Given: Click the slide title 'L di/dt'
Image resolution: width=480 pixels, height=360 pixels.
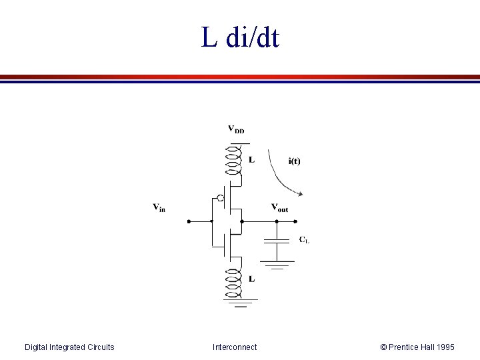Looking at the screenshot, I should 240,38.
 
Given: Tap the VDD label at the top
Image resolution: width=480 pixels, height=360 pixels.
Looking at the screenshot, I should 236,129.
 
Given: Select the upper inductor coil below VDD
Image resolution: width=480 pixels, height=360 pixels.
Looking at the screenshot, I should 234,161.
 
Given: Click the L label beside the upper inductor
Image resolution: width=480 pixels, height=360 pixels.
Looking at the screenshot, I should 251,160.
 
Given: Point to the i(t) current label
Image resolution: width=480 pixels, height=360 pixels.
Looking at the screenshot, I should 294,161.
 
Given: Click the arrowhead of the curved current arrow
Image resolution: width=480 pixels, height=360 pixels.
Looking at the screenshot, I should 301,194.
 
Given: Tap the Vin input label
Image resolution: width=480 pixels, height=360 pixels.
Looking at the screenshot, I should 159,208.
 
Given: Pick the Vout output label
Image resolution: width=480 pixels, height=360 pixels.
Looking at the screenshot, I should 280,208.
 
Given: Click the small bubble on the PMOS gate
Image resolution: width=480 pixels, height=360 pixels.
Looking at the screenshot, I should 219,198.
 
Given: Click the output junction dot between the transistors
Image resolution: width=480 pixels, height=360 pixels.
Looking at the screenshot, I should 241,221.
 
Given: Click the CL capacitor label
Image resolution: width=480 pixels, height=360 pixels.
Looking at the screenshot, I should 303,239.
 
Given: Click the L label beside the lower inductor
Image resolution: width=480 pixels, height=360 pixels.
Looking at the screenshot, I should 251,279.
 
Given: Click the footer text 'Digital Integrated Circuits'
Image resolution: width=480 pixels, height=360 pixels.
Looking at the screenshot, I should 69,347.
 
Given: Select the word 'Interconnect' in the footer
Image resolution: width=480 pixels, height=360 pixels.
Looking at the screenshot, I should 235,347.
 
